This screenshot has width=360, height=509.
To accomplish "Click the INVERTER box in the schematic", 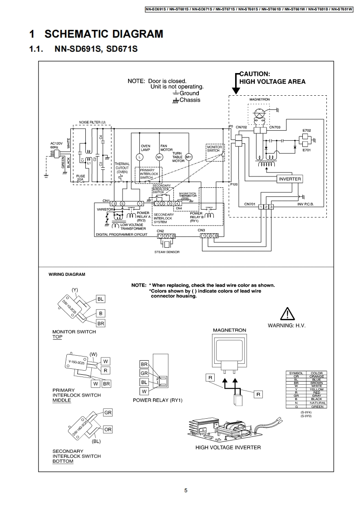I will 290,179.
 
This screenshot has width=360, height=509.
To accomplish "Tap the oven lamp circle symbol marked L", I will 140,157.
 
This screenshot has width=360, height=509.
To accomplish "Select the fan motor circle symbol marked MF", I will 159,157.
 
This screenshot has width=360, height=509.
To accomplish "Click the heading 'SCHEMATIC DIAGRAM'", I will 104,34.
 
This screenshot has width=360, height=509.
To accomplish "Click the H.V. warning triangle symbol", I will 287,314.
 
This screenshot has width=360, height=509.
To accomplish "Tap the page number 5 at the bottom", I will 186,490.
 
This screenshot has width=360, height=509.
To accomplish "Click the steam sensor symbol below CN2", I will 166,244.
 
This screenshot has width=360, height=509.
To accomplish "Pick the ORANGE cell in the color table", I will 316,376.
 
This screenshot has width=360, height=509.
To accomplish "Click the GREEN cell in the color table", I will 316,406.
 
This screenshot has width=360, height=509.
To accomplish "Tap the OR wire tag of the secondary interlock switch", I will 108,429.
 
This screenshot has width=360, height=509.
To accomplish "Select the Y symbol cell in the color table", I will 296,389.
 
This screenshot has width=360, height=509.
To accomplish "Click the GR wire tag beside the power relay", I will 144,373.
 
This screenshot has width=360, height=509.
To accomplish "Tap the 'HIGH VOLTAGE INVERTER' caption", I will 228,447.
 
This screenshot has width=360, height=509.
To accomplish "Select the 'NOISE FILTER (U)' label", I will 92,122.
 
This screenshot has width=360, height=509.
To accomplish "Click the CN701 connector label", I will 250,204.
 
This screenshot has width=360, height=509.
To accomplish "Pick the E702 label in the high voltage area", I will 306,131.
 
